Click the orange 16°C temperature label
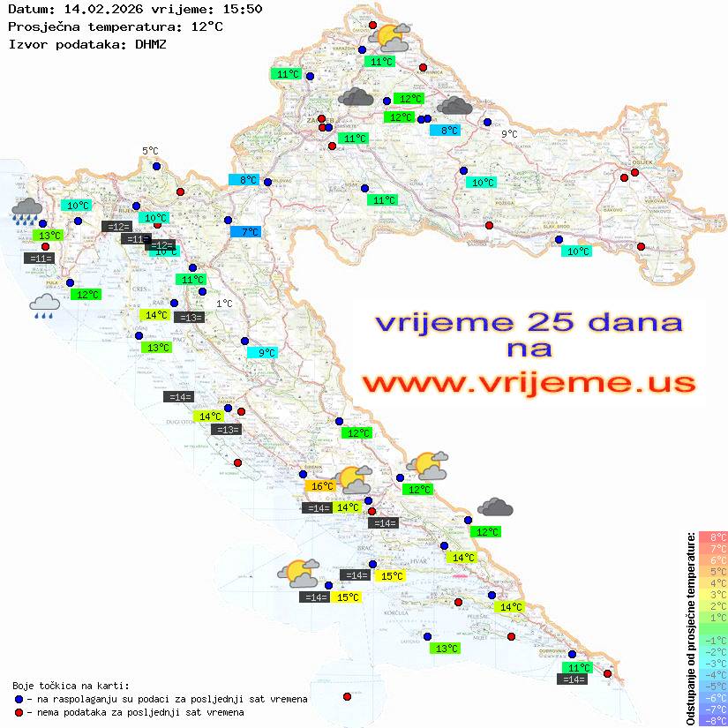(x=319, y=486)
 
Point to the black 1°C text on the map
(x=224, y=304)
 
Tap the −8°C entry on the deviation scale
(x=713, y=720)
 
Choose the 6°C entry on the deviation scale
(x=713, y=560)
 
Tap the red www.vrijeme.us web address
(x=529, y=382)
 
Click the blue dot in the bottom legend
(x=19, y=699)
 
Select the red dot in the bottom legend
(x=19, y=712)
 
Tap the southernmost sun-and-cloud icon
(x=298, y=574)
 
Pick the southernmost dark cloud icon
(x=495, y=507)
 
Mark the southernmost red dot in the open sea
(x=347, y=697)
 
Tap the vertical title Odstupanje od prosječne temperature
(x=690, y=628)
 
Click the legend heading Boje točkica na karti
(x=71, y=685)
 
